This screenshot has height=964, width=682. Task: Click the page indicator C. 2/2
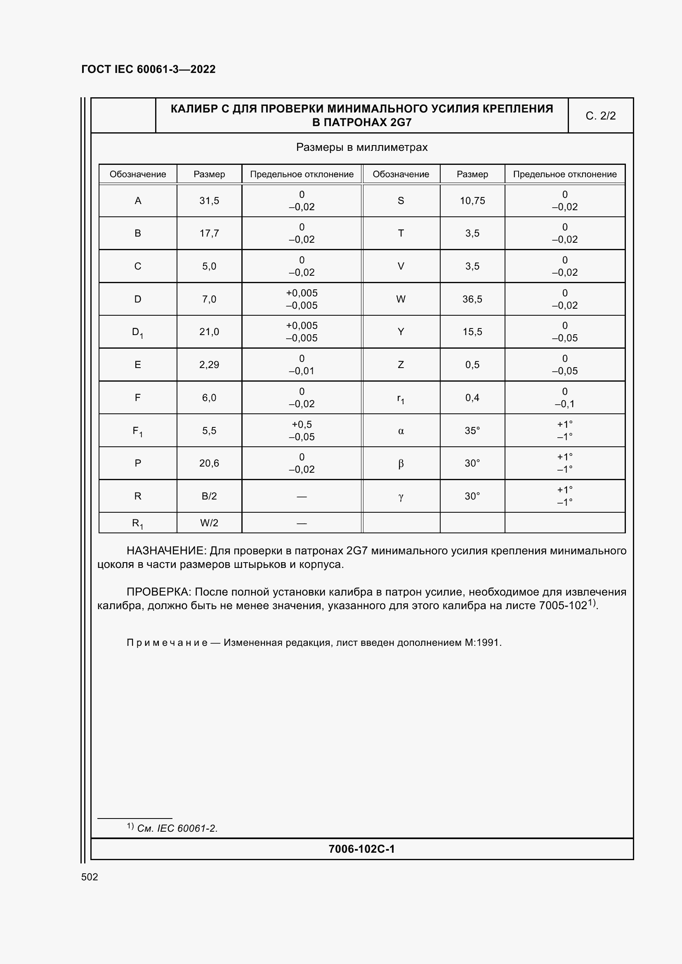600,116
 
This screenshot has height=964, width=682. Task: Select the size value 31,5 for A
209,201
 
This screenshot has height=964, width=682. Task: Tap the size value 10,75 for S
472,201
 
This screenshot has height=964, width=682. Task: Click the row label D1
137,332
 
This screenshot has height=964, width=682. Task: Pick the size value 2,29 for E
209,364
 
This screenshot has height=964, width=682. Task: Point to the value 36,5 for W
472,299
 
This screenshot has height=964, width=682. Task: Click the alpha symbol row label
401,431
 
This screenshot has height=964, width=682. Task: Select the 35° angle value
472,430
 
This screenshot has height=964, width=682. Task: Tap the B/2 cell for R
209,496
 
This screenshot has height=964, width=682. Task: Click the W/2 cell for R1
209,523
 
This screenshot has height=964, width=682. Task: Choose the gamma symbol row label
401,497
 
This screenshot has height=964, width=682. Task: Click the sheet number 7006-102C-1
361,849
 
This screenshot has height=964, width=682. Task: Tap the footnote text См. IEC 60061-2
177,828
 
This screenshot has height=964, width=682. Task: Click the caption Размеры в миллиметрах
361,148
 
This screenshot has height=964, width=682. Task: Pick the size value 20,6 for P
209,463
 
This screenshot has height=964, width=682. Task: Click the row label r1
401,398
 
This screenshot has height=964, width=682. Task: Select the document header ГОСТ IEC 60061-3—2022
149,69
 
